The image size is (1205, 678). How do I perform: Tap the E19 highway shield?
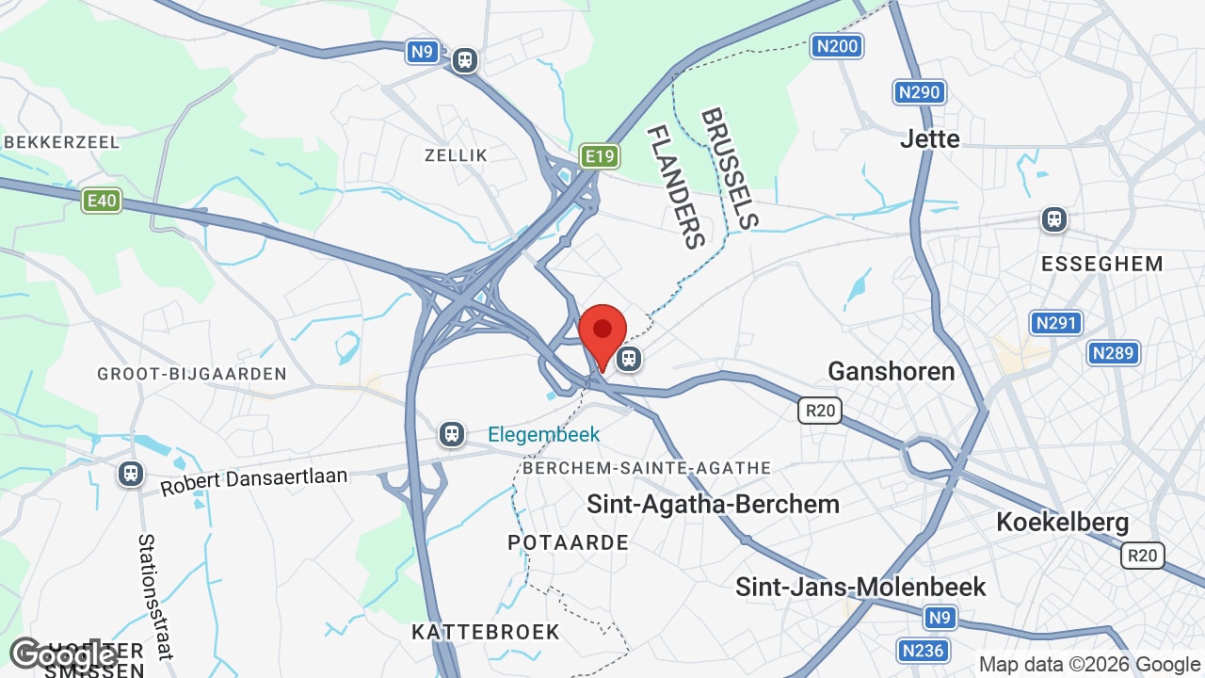tap(600, 156)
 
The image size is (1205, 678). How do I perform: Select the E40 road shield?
tap(101, 200)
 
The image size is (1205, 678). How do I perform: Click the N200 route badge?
tap(837, 46)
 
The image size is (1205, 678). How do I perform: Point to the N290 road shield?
tap(919, 92)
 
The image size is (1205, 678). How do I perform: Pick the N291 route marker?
tap(1055, 323)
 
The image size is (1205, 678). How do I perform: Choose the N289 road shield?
tap(1114, 353)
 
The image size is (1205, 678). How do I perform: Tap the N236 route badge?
tap(923, 651)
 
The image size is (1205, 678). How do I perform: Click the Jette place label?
tap(930, 139)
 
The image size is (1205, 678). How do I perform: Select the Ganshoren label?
tap(891, 371)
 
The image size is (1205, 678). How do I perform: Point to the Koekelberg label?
tap(1062, 522)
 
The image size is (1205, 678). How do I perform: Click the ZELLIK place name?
tap(456, 155)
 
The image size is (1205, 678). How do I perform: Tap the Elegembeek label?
tap(543, 435)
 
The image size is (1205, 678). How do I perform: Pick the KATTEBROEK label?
tap(486, 632)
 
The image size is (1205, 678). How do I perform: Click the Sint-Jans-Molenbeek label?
tap(860, 588)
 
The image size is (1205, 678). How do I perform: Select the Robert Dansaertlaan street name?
tap(254, 482)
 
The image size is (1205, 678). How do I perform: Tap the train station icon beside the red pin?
tap(629, 359)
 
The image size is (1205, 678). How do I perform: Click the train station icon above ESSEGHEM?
tap(1054, 220)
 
